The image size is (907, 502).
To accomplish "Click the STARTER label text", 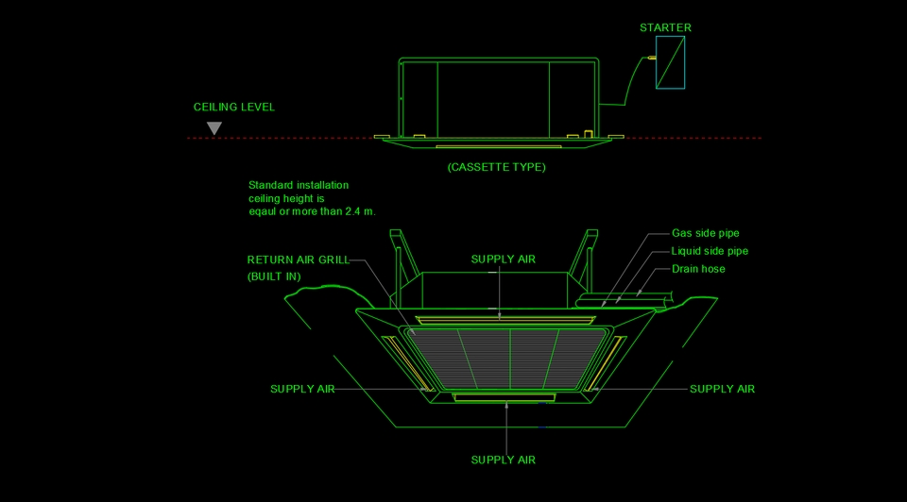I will [665, 27].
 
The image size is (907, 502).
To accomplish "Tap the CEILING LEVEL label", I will [234, 107].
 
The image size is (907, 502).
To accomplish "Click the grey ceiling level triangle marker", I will [214, 127].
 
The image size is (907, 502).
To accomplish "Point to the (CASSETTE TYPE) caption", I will [496, 167].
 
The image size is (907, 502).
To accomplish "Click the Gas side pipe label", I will [705, 233].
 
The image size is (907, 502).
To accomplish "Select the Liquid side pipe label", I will [710, 251].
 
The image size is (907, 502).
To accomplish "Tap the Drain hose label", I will [698, 269].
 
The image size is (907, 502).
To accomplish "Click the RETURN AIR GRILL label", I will [298, 259].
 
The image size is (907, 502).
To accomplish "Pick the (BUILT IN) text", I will [275, 276].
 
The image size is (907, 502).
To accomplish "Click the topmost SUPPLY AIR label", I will [504, 259].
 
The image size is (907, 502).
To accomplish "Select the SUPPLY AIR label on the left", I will [302, 389].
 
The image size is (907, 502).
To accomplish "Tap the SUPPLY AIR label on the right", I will [722, 389].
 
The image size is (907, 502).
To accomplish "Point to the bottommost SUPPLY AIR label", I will [504, 460].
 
